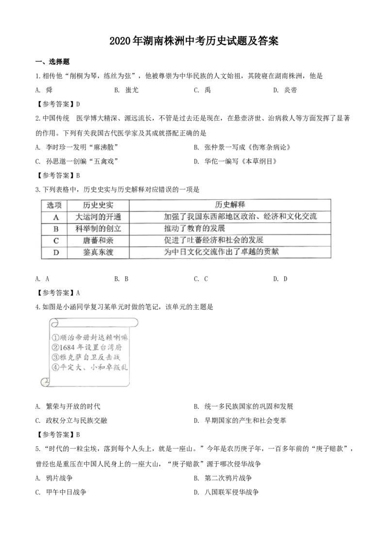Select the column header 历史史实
98,205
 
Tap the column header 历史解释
230,205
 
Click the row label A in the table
55,217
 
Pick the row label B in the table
55,228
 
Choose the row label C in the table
55,240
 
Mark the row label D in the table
55,252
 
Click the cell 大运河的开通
98,217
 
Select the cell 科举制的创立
98,228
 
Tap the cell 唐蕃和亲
98,240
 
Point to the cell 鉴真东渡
98,252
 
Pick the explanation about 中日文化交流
222,252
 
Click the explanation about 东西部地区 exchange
240,217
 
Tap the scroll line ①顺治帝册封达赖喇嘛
90,337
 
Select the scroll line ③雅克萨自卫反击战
85,357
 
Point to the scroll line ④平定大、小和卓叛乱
90,368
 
